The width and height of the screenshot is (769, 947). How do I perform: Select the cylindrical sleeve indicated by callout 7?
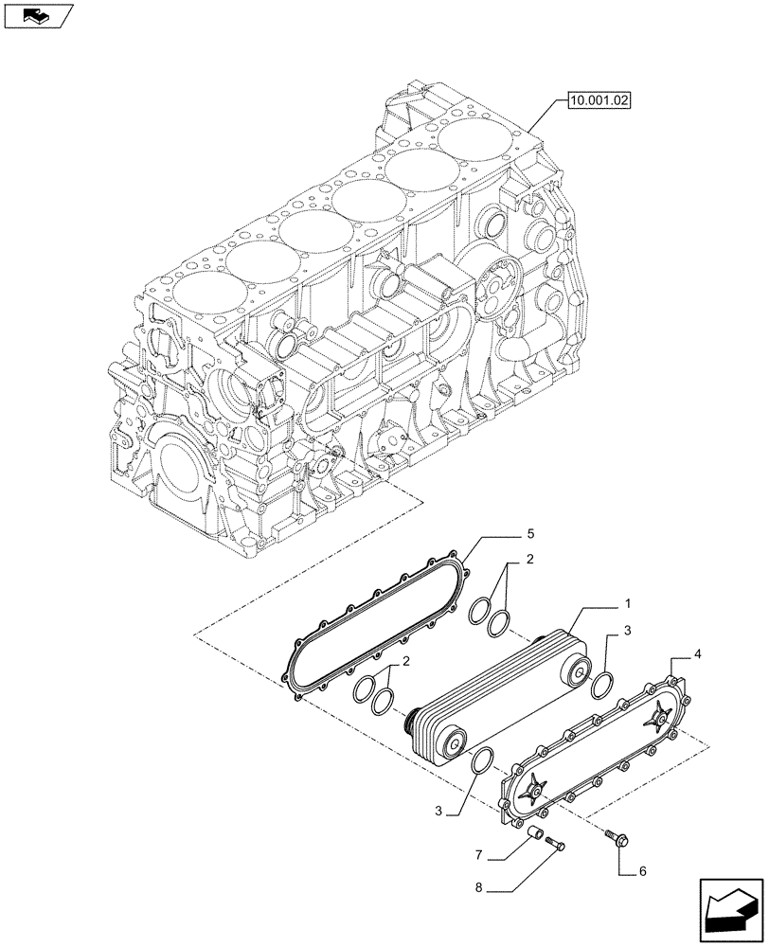[x=536, y=834]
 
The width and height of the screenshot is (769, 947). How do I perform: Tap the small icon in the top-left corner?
[x=36, y=14]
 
